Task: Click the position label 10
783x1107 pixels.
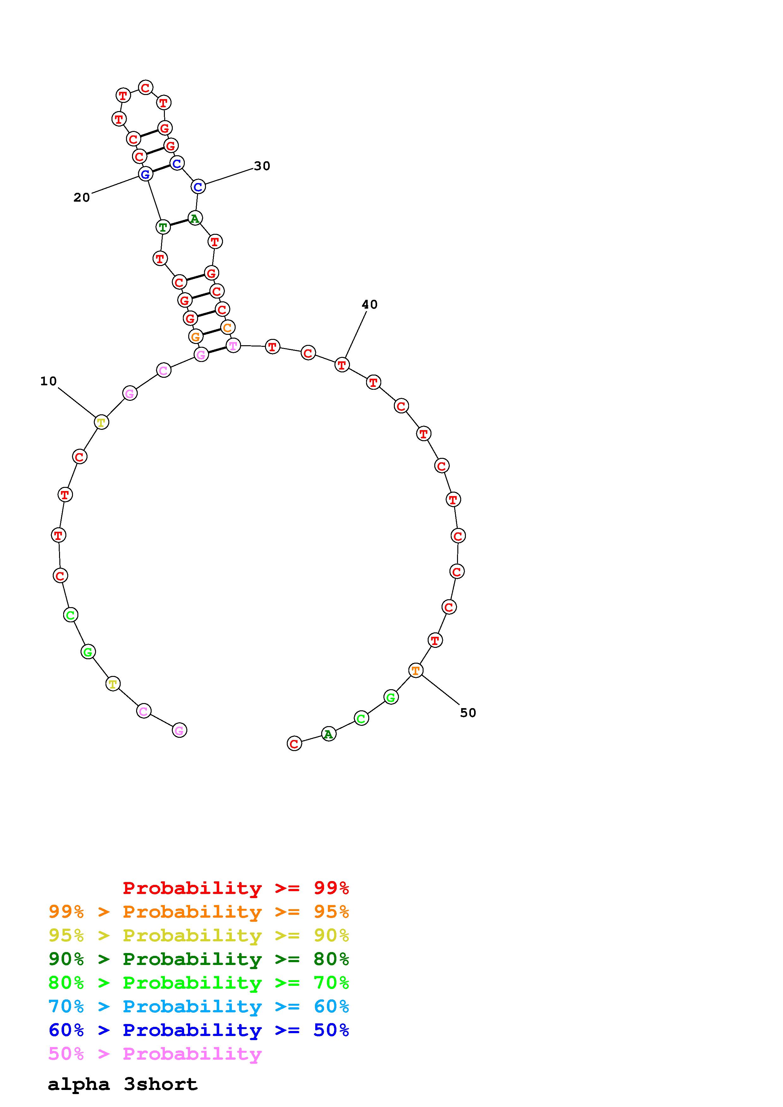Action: click(x=48, y=382)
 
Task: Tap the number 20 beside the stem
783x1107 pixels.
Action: click(x=81, y=197)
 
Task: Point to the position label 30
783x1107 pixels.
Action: click(x=262, y=166)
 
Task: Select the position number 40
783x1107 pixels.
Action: click(x=370, y=304)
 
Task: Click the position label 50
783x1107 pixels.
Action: click(x=468, y=713)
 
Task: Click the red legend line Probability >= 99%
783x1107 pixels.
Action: click(x=236, y=888)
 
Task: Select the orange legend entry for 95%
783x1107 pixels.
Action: click(x=199, y=912)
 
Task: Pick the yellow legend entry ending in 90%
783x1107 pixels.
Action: click(x=199, y=935)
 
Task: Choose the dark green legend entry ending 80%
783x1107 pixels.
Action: click(x=199, y=959)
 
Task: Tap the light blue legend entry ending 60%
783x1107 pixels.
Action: click(x=199, y=1006)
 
